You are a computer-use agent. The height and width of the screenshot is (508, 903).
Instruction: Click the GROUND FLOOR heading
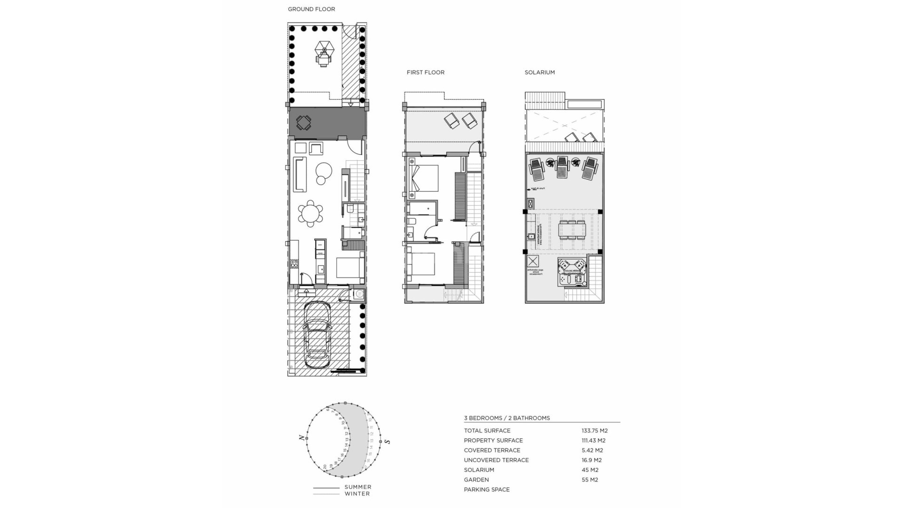click(x=311, y=9)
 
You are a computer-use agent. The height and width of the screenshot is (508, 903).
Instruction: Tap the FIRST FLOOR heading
click(x=425, y=72)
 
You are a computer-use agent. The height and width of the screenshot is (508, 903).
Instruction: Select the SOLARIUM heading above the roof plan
click(x=539, y=72)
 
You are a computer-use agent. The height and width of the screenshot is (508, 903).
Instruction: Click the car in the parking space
click(x=317, y=335)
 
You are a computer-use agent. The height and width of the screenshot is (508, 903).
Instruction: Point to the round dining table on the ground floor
click(x=310, y=214)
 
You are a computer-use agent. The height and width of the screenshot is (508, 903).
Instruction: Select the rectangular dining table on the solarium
click(x=572, y=230)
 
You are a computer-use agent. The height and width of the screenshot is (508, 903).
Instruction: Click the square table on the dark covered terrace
click(x=303, y=123)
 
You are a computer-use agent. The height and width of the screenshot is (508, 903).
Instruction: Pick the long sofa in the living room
click(x=300, y=175)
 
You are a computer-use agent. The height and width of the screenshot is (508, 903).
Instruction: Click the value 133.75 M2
click(x=594, y=430)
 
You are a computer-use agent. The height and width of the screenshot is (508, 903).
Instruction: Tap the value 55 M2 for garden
click(x=590, y=480)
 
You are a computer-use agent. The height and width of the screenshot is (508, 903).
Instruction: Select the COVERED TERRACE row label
click(x=492, y=450)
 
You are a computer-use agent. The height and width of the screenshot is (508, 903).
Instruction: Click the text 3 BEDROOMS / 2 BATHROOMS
click(x=507, y=418)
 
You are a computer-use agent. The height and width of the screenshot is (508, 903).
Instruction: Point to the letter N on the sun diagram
click(x=301, y=438)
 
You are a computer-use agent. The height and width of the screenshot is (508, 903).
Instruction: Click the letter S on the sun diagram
click(x=387, y=441)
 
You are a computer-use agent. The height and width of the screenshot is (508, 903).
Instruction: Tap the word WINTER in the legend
click(x=357, y=493)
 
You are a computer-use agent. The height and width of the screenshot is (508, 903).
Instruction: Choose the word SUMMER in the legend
click(x=357, y=487)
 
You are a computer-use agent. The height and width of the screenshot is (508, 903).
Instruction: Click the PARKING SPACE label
click(x=486, y=490)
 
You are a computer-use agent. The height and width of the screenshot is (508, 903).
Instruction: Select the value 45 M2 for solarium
click(x=590, y=470)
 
